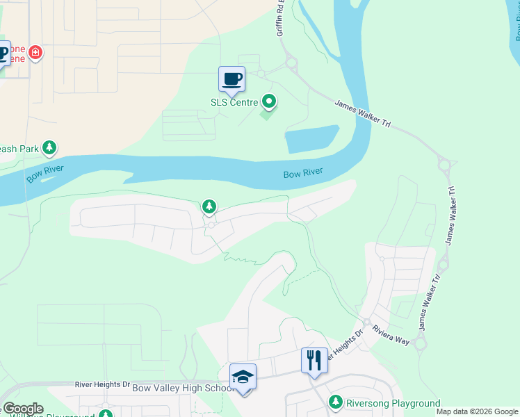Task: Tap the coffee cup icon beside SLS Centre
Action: click(x=231, y=79)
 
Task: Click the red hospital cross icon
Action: click(x=35, y=53)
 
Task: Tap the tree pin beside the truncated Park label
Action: click(x=49, y=147)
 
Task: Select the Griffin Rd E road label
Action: click(x=282, y=17)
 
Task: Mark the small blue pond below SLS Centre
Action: click(x=312, y=139)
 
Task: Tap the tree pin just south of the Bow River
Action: click(x=209, y=206)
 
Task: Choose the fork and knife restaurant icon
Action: click(x=314, y=360)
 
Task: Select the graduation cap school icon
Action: click(x=243, y=377)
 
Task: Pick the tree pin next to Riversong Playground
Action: click(x=336, y=402)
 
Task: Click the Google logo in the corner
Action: click(x=22, y=409)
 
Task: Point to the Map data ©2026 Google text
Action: click(x=477, y=411)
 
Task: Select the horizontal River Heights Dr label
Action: click(x=101, y=384)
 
